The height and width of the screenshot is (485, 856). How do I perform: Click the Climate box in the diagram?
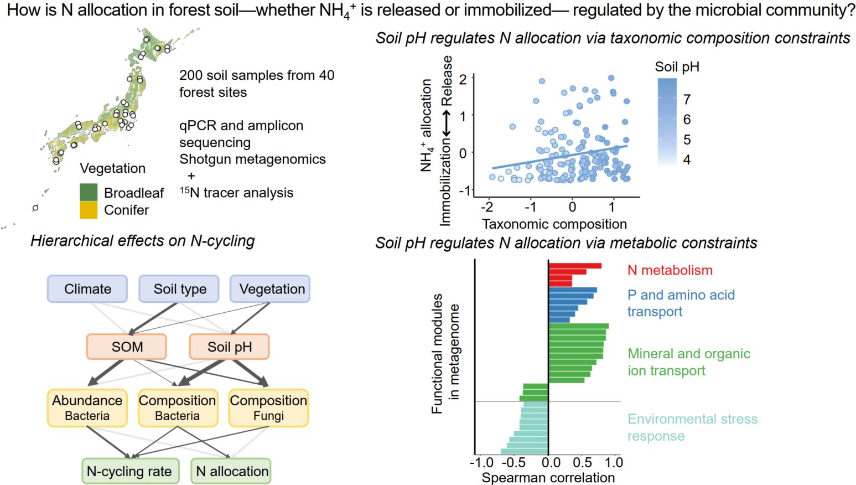pyautogui.click(x=87, y=289)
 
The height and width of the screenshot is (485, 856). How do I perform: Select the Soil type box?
pyautogui.click(x=179, y=289)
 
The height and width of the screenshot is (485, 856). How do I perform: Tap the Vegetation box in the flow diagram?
pyautogui.click(x=271, y=289)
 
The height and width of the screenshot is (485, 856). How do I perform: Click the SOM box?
pyautogui.click(x=127, y=347)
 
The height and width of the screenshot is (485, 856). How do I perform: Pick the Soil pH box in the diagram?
pyautogui.click(x=229, y=347)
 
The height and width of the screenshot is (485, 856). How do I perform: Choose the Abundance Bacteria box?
pyautogui.click(x=87, y=407)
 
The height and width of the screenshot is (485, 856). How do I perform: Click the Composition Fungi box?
pyautogui.click(x=268, y=407)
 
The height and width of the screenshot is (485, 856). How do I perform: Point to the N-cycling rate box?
pyautogui.click(x=130, y=471)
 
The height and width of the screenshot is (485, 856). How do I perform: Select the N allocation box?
pyautogui.click(x=231, y=471)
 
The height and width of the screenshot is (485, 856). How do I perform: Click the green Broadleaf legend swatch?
pyautogui.click(x=89, y=192)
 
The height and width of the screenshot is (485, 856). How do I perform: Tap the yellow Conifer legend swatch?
pyautogui.click(x=89, y=210)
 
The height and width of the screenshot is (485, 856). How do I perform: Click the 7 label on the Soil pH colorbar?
pyautogui.click(x=687, y=100)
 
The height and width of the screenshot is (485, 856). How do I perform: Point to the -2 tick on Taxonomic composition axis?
pyautogui.click(x=487, y=207)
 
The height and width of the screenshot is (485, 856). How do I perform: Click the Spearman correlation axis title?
pyautogui.click(x=548, y=477)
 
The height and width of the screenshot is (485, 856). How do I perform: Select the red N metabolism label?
pyautogui.click(x=670, y=270)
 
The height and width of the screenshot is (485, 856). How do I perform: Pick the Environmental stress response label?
pyautogui.click(x=692, y=427)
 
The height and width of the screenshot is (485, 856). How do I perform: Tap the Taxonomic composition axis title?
pyautogui.click(x=554, y=224)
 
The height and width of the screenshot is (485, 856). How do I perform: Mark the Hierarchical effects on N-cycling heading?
pyautogui.click(x=143, y=241)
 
